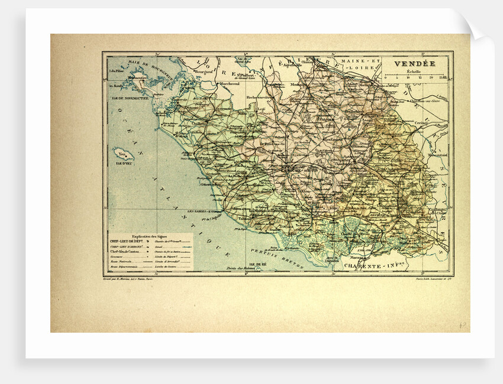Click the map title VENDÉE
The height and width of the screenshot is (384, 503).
click(413, 63)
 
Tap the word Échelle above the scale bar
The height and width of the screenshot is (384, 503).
click(414, 71)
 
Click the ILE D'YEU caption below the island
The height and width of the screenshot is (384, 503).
click(124, 160)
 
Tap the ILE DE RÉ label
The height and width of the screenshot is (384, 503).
click(258, 264)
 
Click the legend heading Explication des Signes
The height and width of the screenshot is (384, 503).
click(150, 235)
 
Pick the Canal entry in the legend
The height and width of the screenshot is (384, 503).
click(160, 246)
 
